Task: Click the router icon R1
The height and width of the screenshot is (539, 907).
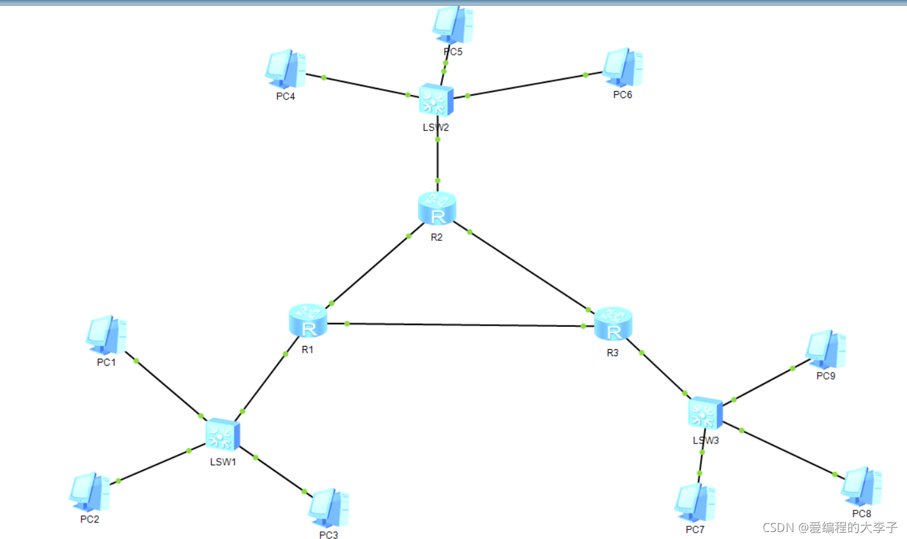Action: (x=308, y=321)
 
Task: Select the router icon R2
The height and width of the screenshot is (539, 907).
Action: (x=437, y=209)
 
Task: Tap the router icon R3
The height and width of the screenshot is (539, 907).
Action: (x=613, y=324)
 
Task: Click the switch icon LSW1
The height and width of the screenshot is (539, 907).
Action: (x=222, y=435)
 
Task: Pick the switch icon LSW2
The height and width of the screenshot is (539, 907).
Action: (x=437, y=100)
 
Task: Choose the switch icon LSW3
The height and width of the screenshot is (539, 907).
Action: (x=706, y=413)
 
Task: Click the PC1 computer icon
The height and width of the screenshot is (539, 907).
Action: (x=106, y=335)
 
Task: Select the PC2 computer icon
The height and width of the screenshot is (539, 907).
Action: (x=89, y=492)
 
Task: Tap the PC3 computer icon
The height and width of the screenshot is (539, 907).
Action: (x=328, y=508)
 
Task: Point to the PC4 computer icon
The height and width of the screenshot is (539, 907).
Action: (x=285, y=69)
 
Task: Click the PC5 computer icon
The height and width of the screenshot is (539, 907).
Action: (x=453, y=25)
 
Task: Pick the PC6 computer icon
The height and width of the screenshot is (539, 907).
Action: (x=622, y=68)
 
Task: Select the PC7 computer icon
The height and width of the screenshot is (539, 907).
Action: (x=695, y=503)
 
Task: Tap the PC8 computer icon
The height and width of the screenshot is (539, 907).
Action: (x=861, y=487)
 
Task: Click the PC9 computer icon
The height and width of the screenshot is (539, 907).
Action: (x=825, y=350)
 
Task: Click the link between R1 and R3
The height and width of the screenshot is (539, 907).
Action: (x=465, y=325)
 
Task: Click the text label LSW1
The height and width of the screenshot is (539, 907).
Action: (x=223, y=462)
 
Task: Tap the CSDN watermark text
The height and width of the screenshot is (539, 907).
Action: (x=830, y=528)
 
